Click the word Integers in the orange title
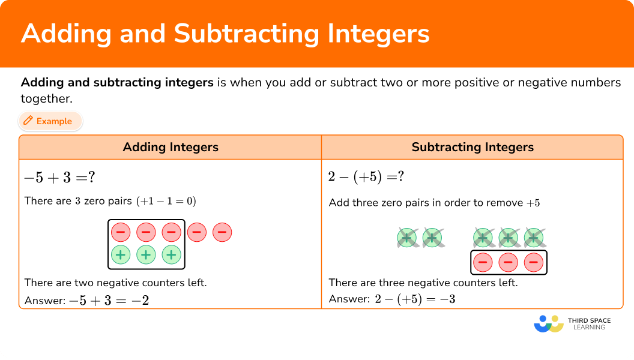pos(376,34)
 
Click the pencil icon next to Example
pos(28,121)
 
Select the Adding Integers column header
pos(171,147)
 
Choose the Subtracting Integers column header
pos(472,147)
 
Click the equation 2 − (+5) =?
pos(366,177)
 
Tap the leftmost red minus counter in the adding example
pos(121,232)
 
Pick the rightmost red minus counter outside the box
pos(222,232)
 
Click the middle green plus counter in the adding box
pos(146,254)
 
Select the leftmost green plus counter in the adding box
pos(121,254)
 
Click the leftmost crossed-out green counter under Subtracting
pos(406,238)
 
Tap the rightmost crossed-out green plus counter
pos(533,238)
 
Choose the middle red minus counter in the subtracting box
pos(508,262)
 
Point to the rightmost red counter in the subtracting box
pos(533,262)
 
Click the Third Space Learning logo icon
pos(548,324)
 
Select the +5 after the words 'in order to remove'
pos(533,203)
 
